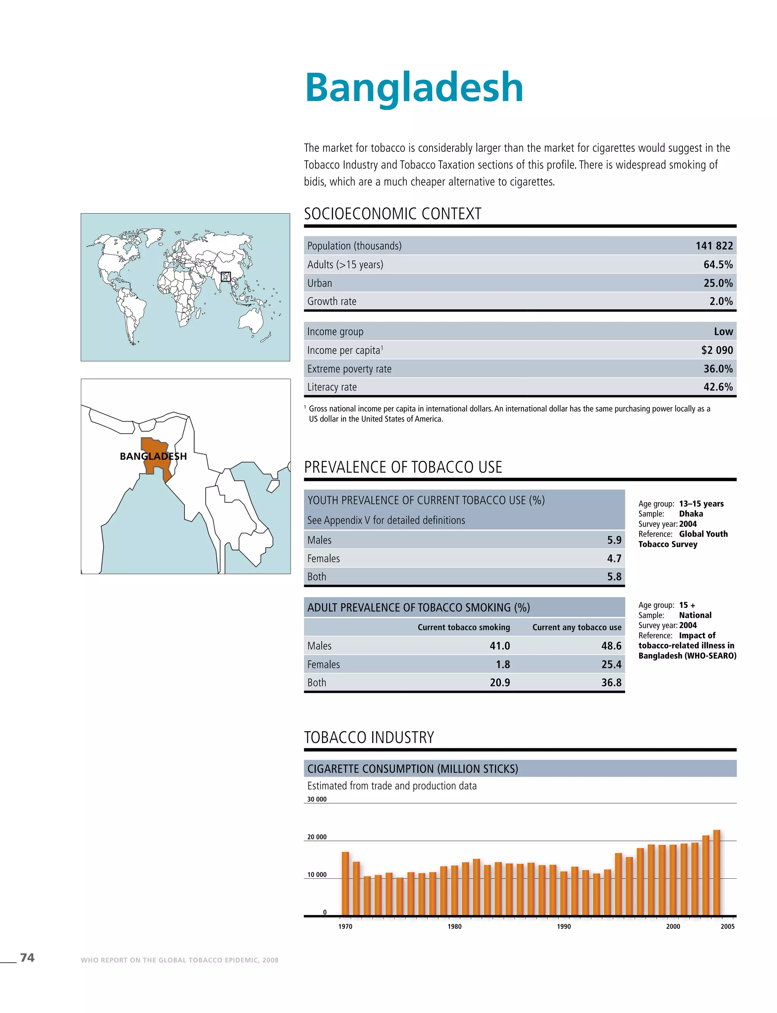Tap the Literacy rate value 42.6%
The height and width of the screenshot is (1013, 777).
[718, 387]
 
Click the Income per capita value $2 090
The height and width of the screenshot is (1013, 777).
[717, 350]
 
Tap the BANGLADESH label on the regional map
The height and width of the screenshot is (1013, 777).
[153, 456]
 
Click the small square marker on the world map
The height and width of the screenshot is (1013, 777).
[226, 276]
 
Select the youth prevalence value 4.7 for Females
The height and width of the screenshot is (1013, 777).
[614, 559]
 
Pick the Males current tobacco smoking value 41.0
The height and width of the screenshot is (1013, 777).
[500, 646]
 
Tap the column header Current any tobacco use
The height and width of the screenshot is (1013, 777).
[576, 627]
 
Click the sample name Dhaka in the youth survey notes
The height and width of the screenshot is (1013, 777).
[690, 514]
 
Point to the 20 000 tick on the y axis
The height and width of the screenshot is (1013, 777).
[317, 837]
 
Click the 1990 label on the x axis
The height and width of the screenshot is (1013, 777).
[563, 927]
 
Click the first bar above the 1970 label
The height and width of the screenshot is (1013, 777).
[345, 884]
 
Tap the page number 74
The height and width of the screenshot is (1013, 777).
[27, 958]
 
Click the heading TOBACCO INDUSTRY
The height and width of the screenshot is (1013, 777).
[369, 737]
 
